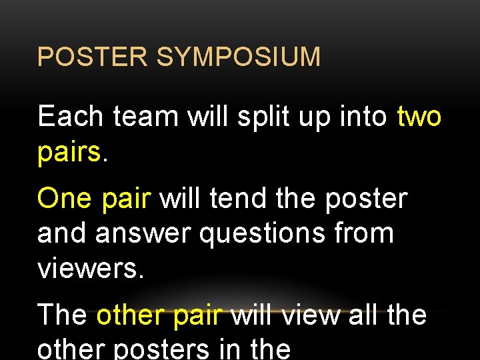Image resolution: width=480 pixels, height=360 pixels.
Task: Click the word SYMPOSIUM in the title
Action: (x=239, y=57)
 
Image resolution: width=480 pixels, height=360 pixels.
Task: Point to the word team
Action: (x=145, y=117)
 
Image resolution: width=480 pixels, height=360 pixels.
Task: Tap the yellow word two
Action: (x=419, y=117)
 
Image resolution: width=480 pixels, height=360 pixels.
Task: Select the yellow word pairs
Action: (x=69, y=153)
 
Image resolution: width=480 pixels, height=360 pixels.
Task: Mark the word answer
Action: (x=145, y=234)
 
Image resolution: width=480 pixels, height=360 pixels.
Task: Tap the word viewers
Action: (x=90, y=269)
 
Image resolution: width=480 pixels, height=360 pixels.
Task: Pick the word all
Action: (x=363, y=315)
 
